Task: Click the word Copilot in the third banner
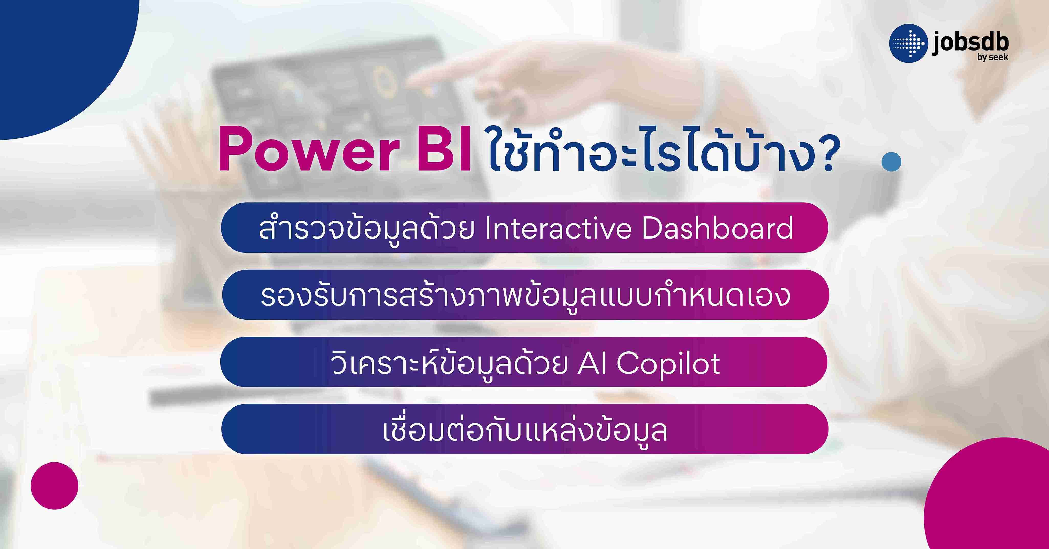coord(668,363)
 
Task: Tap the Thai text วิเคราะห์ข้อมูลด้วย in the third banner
coord(448,363)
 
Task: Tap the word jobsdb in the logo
coord(970,42)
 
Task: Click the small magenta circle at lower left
coord(54,486)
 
